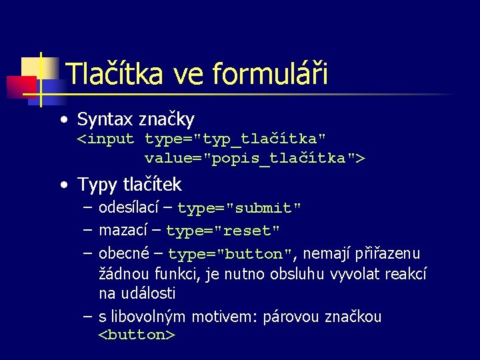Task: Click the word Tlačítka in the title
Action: pos(115,73)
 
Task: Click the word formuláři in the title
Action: pos(271,73)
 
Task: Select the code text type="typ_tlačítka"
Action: pos(235,139)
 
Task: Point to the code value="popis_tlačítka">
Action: pos(255,159)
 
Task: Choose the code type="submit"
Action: pos(239,208)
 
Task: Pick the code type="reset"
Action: pos(223,231)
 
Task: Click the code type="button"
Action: pos(231,254)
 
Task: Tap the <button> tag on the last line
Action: pos(137,335)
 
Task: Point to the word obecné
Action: pos(122,253)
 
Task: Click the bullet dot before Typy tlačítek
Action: pos(62,184)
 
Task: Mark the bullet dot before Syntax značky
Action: pos(62,121)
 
